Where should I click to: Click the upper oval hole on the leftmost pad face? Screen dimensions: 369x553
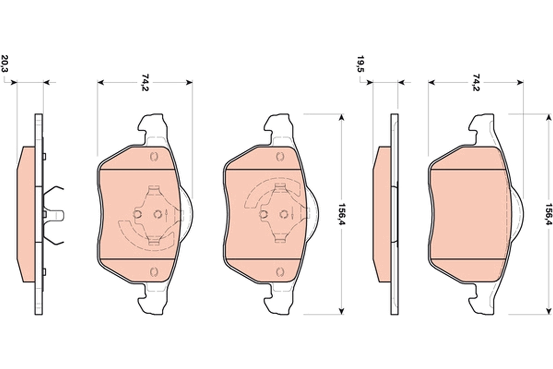(154, 157)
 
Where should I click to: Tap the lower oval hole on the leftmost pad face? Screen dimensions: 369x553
(154, 271)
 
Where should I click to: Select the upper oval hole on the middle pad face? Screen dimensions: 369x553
(279, 157)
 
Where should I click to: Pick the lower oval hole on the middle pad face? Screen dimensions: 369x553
(279, 271)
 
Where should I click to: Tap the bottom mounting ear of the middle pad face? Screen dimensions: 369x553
(279, 302)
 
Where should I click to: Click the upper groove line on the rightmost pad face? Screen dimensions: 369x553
(468, 170)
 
